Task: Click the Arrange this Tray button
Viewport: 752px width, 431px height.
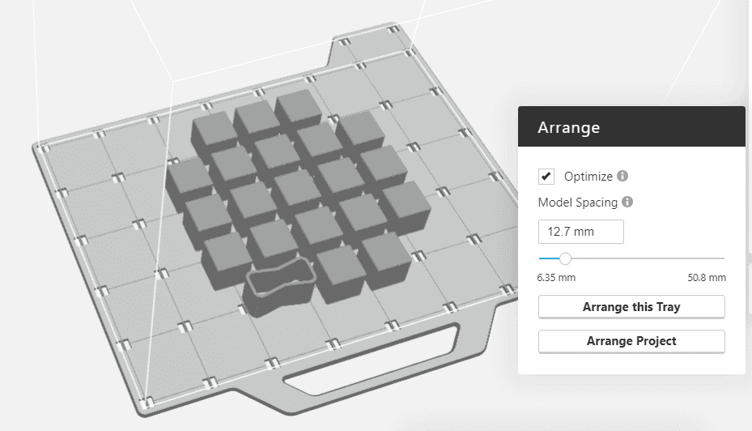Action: [631, 307]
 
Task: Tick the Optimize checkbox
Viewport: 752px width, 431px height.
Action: [546, 176]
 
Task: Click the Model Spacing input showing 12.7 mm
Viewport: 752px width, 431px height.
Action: [580, 232]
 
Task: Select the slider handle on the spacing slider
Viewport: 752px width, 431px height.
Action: [565, 258]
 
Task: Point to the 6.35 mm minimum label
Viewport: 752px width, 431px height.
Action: [556, 277]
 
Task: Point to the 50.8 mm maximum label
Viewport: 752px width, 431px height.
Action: [706, 277]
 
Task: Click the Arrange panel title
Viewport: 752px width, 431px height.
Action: [568, 127]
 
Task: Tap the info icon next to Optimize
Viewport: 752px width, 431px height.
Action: [622, 176]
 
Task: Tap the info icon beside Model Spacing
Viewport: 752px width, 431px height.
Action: [627, 203]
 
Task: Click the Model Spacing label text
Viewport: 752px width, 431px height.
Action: [578, 203]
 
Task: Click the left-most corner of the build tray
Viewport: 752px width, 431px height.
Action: [36, 148]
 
